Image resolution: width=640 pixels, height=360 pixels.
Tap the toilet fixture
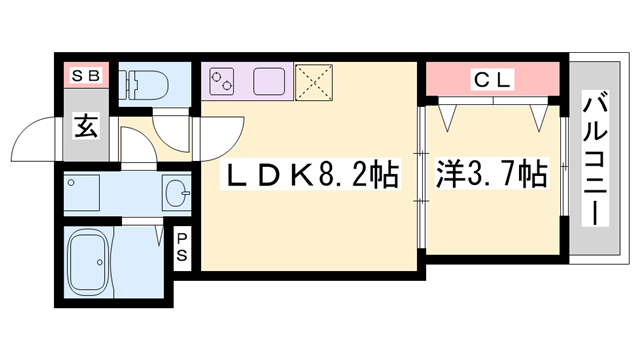point(140,82)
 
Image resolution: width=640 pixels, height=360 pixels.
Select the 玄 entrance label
point(84,128)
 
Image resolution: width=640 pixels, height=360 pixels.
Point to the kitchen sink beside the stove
point(270,80)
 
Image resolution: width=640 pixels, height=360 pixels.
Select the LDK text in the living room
point(267,178)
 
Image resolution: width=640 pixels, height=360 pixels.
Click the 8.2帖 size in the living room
point(356,178)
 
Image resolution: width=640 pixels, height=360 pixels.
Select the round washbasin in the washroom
point(177,192)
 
